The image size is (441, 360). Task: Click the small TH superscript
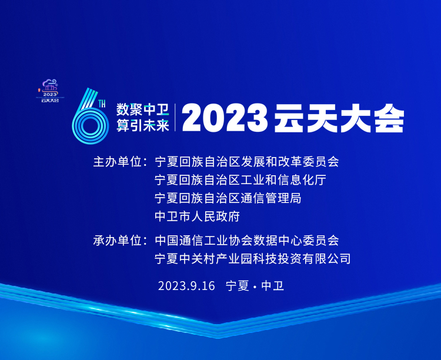coord(102,104)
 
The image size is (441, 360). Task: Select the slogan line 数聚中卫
coord(143,109)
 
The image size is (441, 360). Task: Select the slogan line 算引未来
coord(143,125)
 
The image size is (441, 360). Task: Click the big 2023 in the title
coord(225,118)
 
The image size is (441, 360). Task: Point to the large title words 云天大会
coord(339,118)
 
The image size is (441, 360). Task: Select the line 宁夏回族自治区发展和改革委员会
coord(246,162)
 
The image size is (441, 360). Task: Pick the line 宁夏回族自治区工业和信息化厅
coord(240,180)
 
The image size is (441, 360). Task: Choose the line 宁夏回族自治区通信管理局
coord(228,198)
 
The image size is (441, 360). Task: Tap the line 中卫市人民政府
coord(197,216)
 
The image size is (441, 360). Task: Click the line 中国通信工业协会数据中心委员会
coord(246,241)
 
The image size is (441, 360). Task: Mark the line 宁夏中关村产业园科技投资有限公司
coord(253,259)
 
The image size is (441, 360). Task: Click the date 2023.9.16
coord(186,286)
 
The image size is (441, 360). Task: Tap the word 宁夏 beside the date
coord(238,286)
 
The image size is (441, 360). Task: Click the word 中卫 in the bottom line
coord(273,286)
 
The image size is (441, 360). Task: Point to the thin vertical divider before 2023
coord(175,118)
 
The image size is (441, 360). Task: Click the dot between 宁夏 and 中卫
coord(255,286)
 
